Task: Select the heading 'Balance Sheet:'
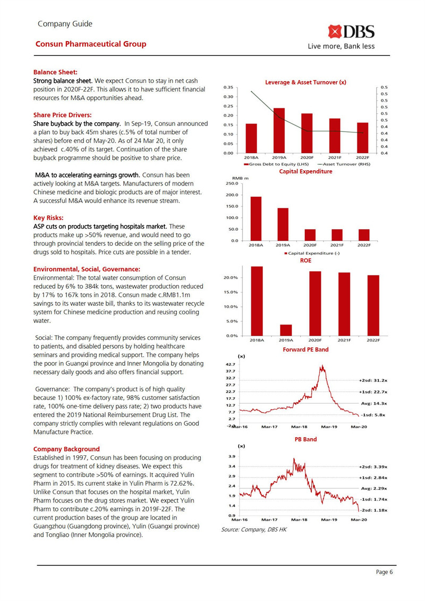[55, 72]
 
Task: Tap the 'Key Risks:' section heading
[48, 218]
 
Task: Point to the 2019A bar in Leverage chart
[279, 131]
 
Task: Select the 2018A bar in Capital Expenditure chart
[256, 219]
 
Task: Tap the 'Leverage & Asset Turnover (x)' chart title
[305, 82]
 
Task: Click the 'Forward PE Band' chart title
[305, 349]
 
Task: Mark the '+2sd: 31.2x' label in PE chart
[373, 381]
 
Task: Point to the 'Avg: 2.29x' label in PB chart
[373, 488]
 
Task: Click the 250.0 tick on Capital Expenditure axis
[233, 183]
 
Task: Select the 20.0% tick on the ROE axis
[231, 278]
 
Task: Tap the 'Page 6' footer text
[384, 572]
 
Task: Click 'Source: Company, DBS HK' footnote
[253, 530]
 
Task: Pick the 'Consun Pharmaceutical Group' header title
[90, 44]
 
